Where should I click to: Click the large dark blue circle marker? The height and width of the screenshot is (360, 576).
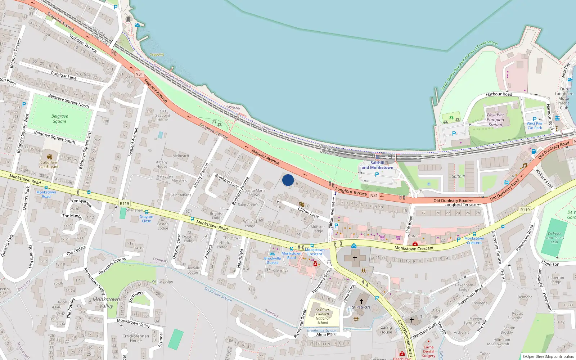coord(288,180)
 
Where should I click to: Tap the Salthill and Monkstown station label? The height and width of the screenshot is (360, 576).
coord(377,165)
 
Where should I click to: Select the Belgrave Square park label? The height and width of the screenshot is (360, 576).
coord(60,119)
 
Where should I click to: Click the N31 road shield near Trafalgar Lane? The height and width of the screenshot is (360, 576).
coord(139,74)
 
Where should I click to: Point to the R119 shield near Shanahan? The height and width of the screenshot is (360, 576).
coord(124,203)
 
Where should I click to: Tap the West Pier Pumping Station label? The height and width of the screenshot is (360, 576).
coord(495,120)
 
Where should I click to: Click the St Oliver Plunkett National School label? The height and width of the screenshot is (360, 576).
coord(323,316)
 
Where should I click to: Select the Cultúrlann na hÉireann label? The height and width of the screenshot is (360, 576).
coord(50,165)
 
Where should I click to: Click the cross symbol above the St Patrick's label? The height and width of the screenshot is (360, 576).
coord(361,301)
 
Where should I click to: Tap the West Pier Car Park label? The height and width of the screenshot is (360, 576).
coord(535,126)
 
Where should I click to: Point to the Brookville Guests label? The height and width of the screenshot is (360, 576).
coord(273,260)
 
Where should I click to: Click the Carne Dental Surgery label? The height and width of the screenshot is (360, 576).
coord(428,351)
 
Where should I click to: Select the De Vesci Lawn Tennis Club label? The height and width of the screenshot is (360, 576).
coord(554,238)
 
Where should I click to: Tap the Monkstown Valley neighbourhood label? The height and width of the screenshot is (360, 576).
coord(106,302)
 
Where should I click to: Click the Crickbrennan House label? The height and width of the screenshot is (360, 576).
coord(136,338)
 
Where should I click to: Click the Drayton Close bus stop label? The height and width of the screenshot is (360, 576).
coord(146,219)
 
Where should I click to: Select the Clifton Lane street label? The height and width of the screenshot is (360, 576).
coord(308,212)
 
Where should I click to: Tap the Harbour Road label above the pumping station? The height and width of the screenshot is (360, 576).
coord(499,94)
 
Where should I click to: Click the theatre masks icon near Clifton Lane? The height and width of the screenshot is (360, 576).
coord(302,204)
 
